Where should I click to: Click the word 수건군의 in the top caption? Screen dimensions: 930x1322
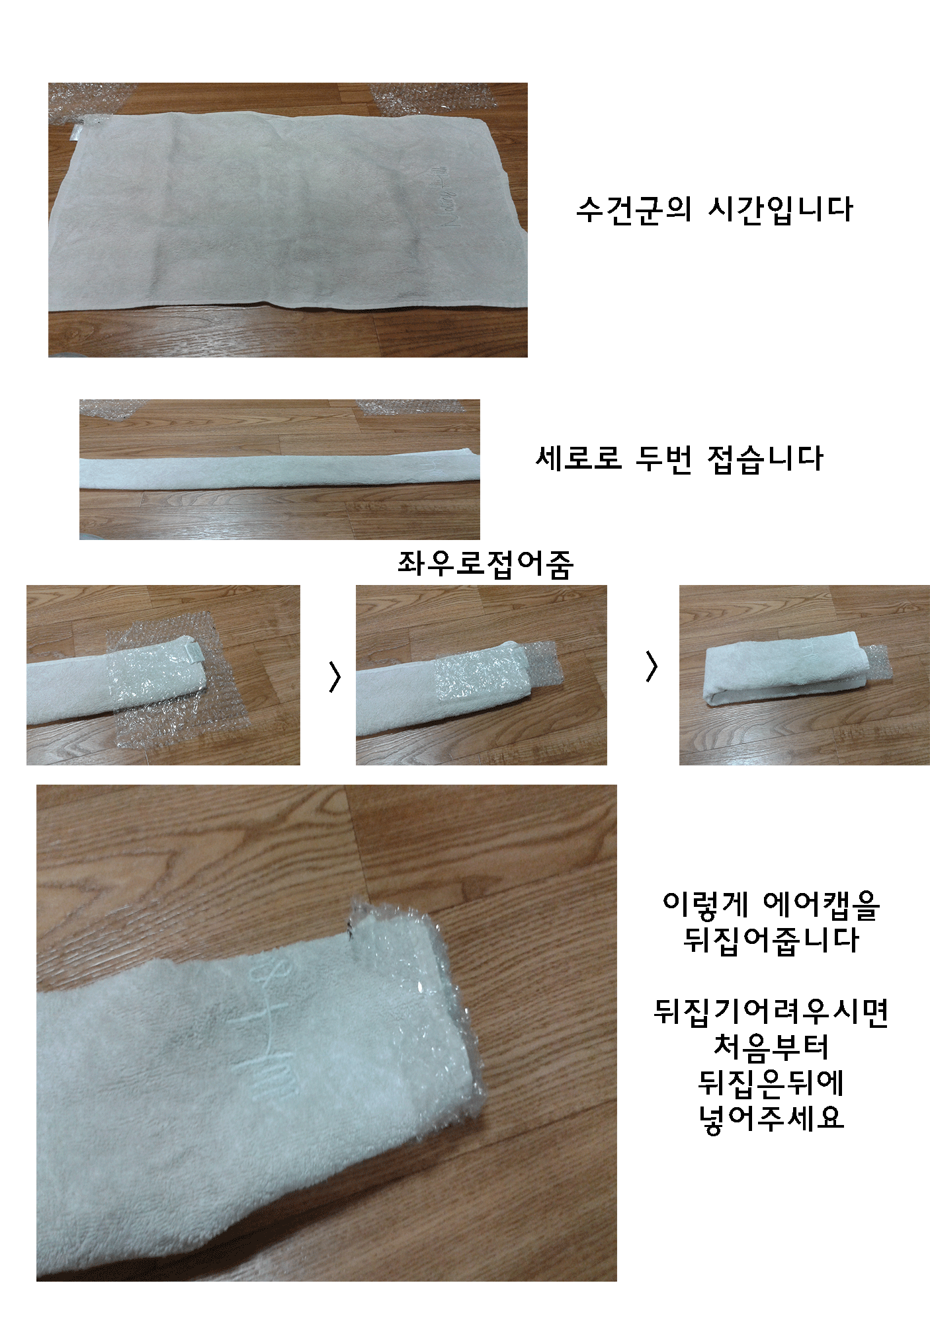(634, 210)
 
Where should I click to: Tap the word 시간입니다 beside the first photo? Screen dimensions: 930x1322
(781, 210)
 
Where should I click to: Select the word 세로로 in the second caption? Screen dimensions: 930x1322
(579, 458)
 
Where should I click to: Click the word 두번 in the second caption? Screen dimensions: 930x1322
(663, 458)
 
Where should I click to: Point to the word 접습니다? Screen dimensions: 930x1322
(765, 458)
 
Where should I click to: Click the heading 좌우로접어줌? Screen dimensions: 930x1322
(485, 564)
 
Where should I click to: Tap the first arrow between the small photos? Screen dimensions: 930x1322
(335, 676)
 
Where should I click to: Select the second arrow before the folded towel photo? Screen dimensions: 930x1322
(652, 666)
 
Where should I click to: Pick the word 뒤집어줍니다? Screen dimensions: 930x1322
(771, 939)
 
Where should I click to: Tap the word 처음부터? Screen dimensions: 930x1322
(771, 1046)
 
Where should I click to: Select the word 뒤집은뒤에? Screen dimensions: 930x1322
(771, 1082)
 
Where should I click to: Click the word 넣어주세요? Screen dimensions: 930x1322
(771, 1117)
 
